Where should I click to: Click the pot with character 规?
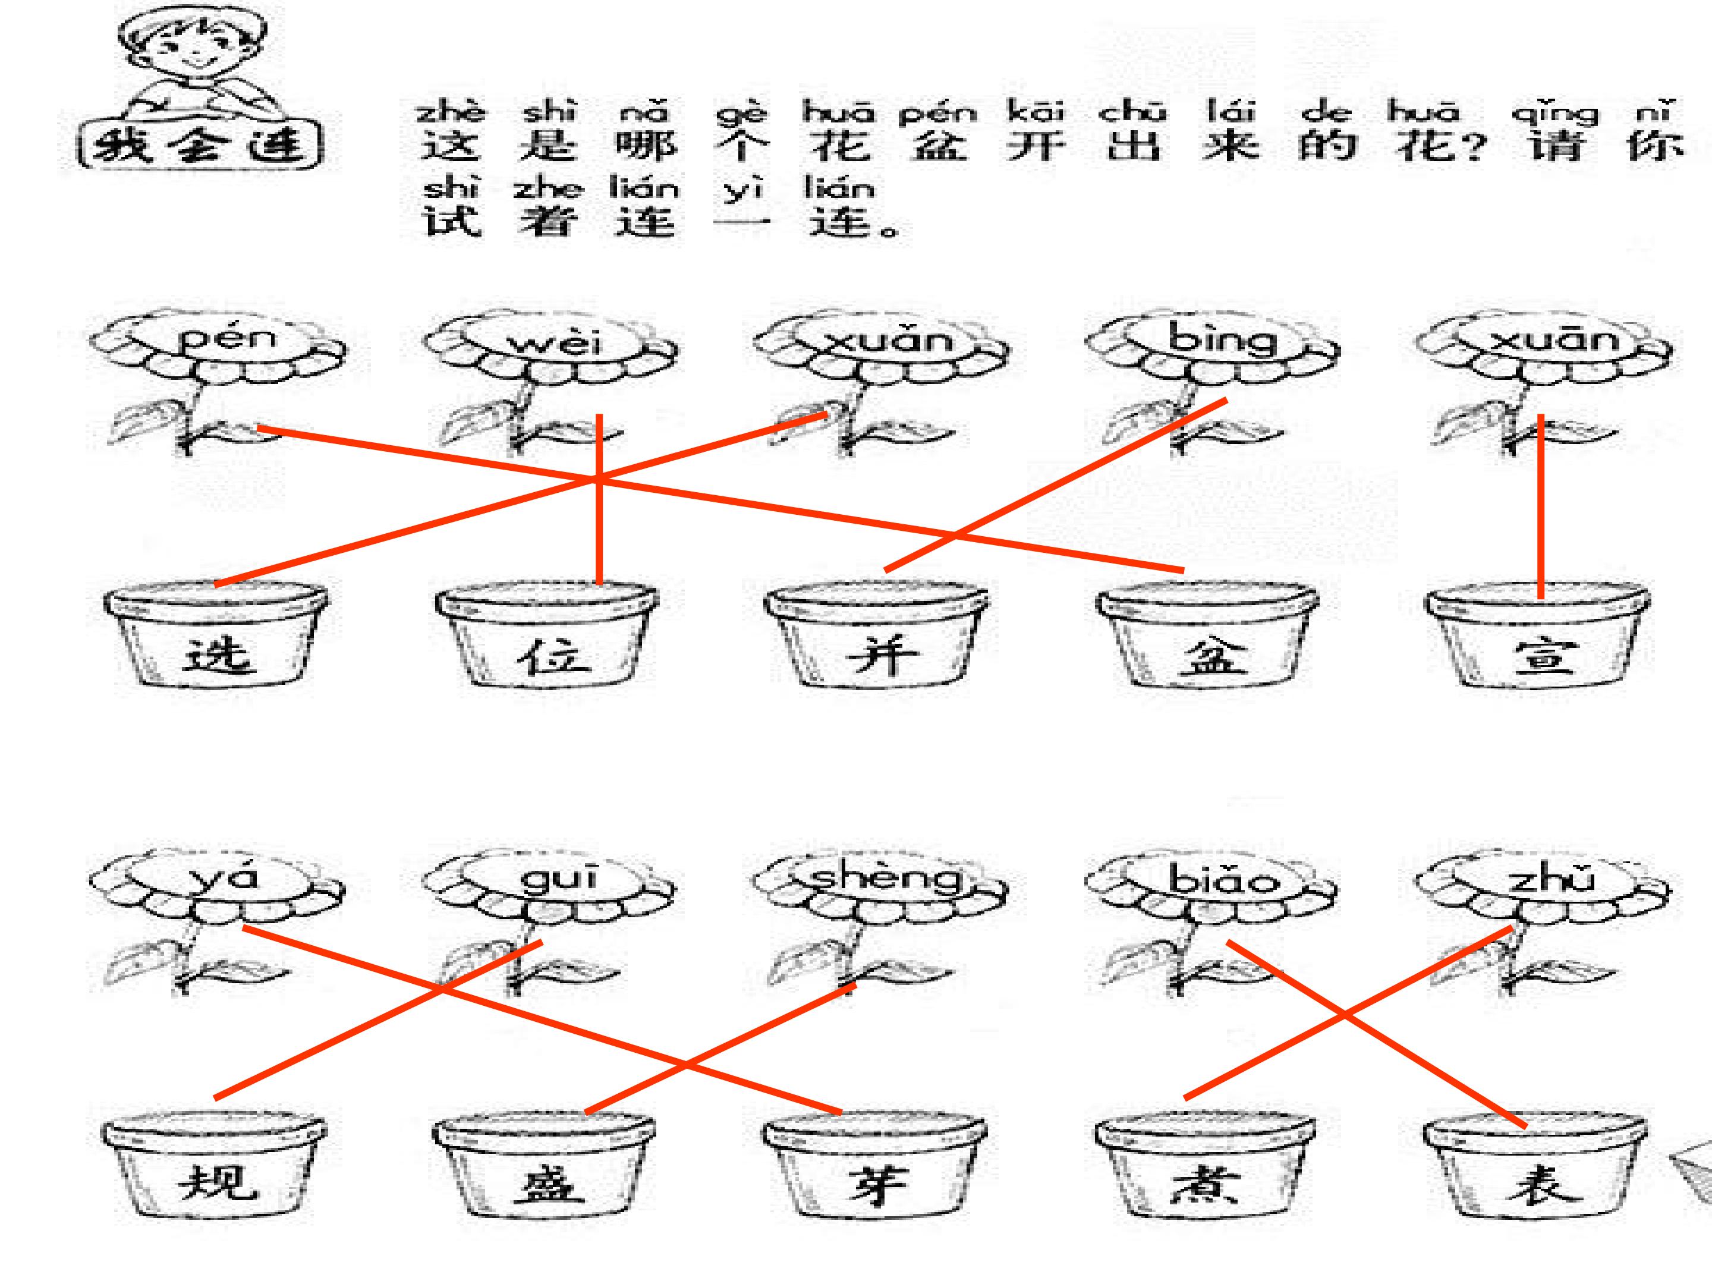[215, 1169]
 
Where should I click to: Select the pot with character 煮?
[1206, 1169]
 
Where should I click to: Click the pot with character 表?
[1536, 1169]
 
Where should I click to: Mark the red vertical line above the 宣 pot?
[1541, 507]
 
